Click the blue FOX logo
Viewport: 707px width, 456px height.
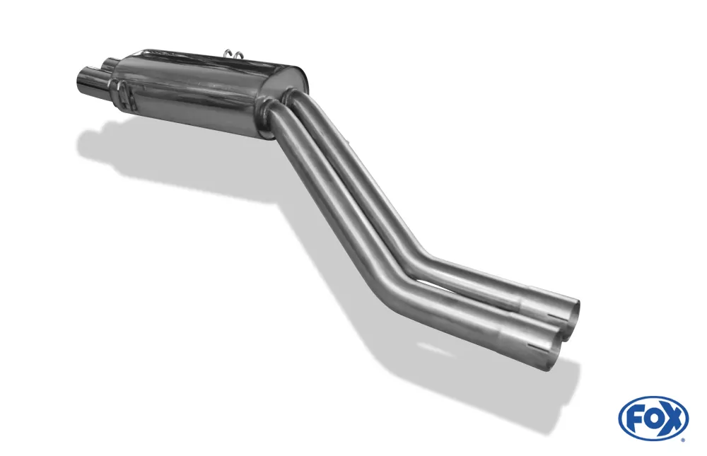coord(653,418)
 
